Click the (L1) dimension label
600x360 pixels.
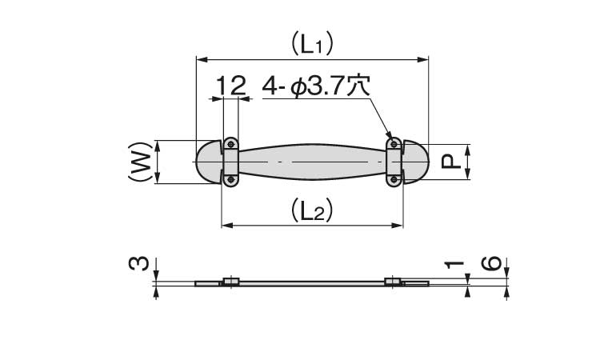click(x=312, y=44)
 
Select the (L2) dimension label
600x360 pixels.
click(x=312, y=210)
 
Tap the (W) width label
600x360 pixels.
click(x=140, y=162)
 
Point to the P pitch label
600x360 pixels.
click(x=450, y=162)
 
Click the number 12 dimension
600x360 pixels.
click(x=230, y=86)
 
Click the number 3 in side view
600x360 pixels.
click(x=138, y=264)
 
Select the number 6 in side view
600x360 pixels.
click(x=491, y=263)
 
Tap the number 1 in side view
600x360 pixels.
click(x=454, y=264)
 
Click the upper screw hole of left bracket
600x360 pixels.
click(x=230, y=144)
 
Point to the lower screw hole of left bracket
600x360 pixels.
click(x=230, y=179)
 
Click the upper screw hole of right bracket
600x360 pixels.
click(x=394, y=144)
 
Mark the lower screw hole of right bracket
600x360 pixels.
click(x=394, y=179)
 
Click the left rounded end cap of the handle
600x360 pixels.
click(x=209, y=162)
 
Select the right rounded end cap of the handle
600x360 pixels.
click(x=416, y=162)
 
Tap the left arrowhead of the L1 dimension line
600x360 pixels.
click(x=202, y=59)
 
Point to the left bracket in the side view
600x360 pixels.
click(x=230, y=282)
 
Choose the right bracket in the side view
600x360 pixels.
click(x=393, y=282)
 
